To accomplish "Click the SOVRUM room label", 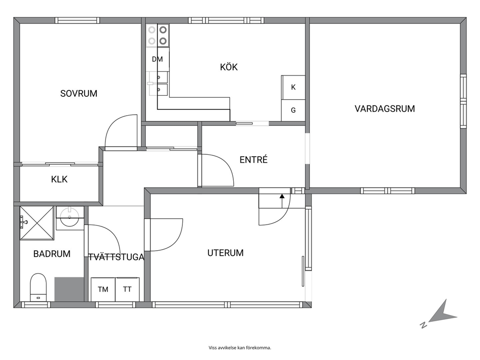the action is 79,93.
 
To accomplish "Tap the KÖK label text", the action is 229,67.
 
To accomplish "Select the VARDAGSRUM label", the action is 385,109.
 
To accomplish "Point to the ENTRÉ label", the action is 254,160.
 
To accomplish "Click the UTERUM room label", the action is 225,253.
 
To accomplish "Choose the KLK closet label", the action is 60,179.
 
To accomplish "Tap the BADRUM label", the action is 52,254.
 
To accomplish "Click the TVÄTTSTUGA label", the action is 116,257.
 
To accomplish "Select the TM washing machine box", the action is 103,289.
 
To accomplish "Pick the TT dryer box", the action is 127,289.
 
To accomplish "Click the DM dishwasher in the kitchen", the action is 157,59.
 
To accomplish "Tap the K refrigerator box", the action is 293,87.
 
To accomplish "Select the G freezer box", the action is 293,110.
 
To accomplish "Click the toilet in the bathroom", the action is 38,287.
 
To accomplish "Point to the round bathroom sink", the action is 70,218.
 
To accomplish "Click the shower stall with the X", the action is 37,223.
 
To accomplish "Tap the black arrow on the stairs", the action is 282,200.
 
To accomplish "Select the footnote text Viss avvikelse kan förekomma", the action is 240,348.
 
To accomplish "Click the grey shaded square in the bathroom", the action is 69,289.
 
